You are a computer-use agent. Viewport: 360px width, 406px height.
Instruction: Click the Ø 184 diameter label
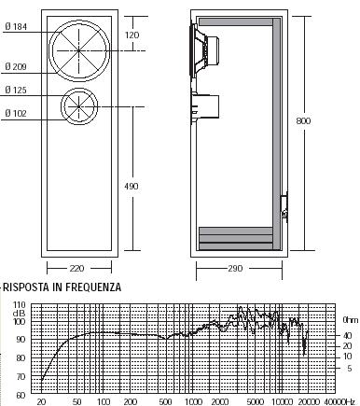click(x=16, y=27)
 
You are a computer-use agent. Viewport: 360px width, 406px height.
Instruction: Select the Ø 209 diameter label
click(x=16, y=66)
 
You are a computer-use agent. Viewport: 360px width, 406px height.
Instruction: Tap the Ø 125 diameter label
click(x=16, y=91)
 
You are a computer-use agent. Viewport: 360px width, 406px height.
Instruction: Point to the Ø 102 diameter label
click(x=16, y=113)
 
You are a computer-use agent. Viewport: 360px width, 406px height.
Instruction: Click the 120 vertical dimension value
click(x=132, y=35)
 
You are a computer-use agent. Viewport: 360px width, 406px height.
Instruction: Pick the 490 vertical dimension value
click(x=132, y=186)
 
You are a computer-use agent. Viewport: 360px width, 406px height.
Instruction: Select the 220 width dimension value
click(x=76, y=268)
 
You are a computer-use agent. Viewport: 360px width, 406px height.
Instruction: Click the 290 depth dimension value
click(x=235, y=268)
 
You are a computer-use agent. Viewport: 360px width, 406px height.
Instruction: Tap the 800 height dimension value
click(x=303, y=120)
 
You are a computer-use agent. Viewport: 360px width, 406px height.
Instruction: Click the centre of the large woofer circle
click(x=79, y=50)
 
